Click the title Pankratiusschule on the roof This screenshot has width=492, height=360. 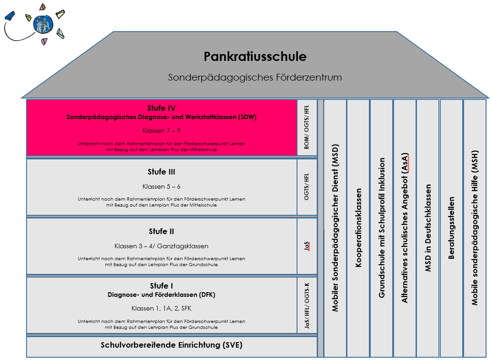pyautogui.click(x=255, y=56)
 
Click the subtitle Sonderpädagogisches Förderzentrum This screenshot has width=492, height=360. pyautogui.click(x=255, y=77)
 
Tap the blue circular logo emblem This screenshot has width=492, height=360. pyautogui.click(x=43, y=24)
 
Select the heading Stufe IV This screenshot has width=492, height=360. pyautogui.click(x=161, y=108)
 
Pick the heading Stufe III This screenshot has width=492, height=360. pyautogui.click(x=161, y=172)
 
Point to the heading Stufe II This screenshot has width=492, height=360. pyautogui.click(x=161, y=231)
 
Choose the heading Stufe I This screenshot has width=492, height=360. pyautogui.click(x=161, y=286)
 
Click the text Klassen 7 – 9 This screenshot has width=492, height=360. pyautogui.click(x=161, y=131)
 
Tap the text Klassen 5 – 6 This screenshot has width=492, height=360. pyautogui.click(x=161, y=186)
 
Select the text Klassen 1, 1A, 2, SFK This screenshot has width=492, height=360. pyautogui.click(x=161, y=309)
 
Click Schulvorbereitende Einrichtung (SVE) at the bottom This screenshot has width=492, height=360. pyautogui.click(x=171, y=345)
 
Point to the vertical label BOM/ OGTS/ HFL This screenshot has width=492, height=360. pyautogui.click(x=307, y=127)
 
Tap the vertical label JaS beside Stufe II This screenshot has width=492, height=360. pyautogui.click(x=307, y=246)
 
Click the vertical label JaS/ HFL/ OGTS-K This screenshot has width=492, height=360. pyautogui.click(x=307, y=305)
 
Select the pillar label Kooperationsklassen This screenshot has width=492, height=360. pyautogui.click(x=358, y=228)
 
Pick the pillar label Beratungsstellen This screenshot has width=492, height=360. pyautogui.click(x=451, y=228)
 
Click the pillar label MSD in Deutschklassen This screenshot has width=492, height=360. pyautogui.click(x=428, y=228)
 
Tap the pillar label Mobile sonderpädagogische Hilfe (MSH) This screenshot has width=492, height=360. pyautogui.click(x=475, y=228)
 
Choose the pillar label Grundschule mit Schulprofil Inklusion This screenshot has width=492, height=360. pyautogui.click(x=382, y=228)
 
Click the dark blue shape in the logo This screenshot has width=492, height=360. pyautogui.click(x=10, y=16)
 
